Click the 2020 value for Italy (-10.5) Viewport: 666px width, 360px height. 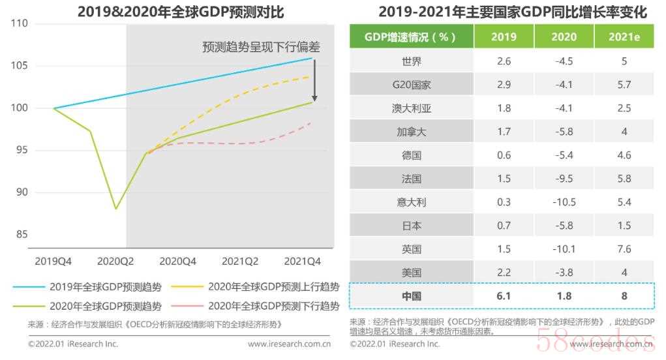(564, 202)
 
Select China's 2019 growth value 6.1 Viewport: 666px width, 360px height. (504, 296)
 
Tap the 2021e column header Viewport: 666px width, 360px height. (624, 37)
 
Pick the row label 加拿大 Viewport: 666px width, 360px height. (411, 132)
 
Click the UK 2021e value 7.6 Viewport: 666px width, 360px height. (624, 248)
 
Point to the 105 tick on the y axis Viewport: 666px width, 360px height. (19, 65)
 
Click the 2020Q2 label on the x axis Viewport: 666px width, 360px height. (115, 261)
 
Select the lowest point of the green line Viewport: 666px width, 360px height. (116, 209)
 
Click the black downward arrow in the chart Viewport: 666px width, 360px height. (315, 81)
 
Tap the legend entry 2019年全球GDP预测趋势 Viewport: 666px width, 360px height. (87, 287)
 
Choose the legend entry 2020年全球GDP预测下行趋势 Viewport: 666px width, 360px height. (255, 306)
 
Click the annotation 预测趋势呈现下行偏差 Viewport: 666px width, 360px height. (261, 47)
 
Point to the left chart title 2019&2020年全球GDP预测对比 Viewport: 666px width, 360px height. (181, 12)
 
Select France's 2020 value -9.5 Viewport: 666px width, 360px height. (564, 179)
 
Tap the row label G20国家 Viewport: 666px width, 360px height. (411, 85)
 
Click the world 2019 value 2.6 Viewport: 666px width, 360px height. (504, 61)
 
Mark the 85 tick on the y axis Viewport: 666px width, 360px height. (22, 234)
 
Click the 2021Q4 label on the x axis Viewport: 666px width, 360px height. (302, 261)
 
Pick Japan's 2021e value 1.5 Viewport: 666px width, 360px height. (624, 226)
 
